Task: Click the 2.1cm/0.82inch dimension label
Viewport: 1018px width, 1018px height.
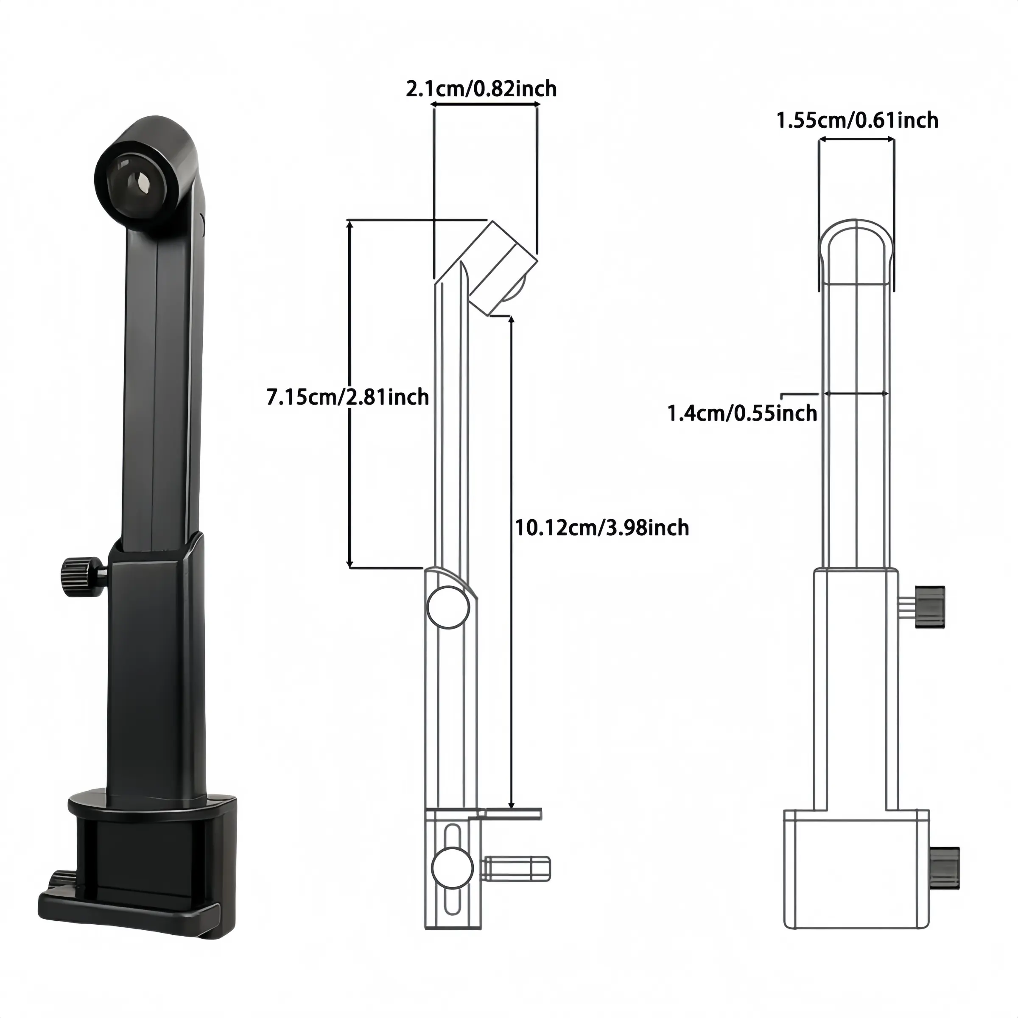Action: tap(481, 89)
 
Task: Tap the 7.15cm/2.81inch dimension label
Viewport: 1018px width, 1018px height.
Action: tap(348, 397)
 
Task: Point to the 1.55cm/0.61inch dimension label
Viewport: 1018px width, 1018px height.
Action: tap(857, 120)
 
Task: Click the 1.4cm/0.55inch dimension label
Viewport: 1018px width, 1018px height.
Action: tap(742, 414)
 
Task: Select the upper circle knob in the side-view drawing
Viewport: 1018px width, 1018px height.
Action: tap(448, 607)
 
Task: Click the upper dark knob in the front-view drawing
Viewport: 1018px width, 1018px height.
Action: tap(930, 607)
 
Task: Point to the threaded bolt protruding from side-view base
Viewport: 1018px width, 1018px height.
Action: tap(516, 884)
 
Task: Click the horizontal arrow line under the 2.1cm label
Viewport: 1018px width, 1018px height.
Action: tap(485, 105)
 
